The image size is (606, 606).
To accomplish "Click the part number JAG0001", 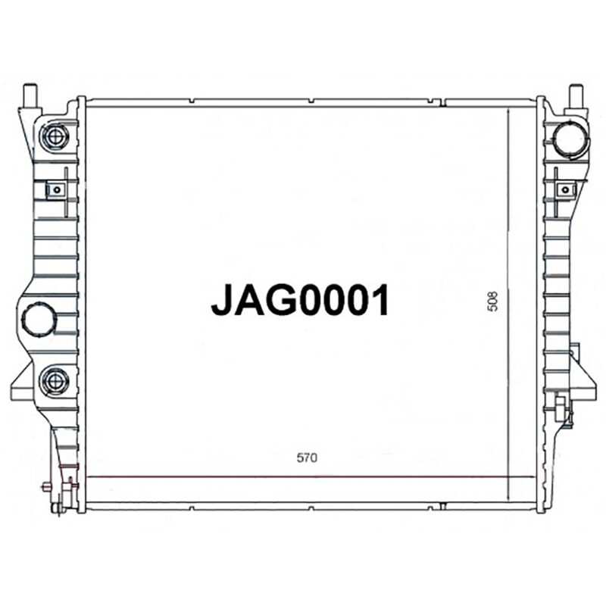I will [300, 300].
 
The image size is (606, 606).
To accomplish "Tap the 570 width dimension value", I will [306, 458].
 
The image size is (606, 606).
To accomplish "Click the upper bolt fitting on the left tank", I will [55, 136].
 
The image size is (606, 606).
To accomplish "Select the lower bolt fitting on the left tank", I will [55, 379].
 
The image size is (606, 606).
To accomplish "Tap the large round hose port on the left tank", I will [39, 318].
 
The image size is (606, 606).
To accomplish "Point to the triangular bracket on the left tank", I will [21, 383].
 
